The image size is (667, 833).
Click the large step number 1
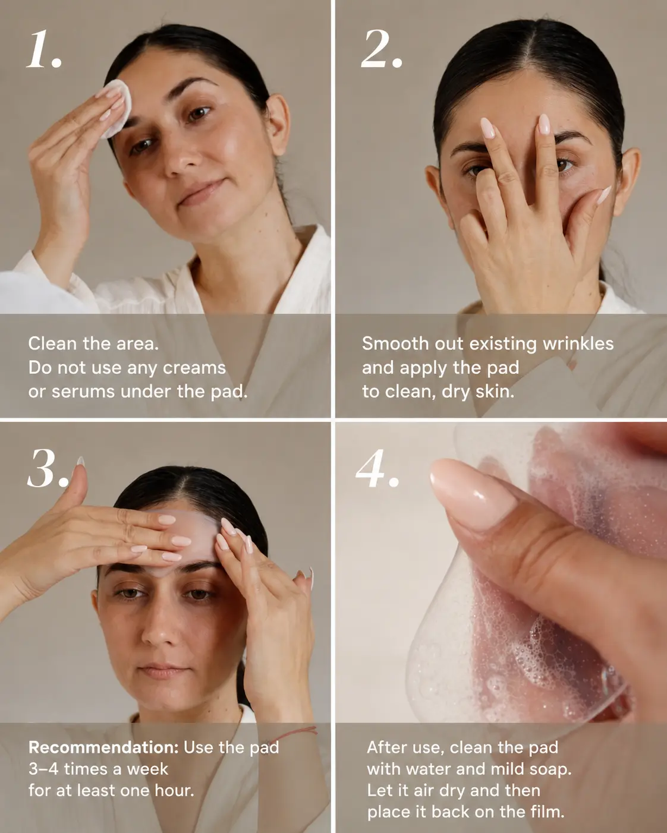click(x=44, y=49)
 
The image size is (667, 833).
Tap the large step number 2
click(x=381, y=49)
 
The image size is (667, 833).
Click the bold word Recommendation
click(x=103, y=747)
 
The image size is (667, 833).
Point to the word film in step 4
click(x=550, y=812)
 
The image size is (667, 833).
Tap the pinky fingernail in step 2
click(x=603, y=195)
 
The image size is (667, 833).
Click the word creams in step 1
click(x=194, y=368)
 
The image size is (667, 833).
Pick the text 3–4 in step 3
click(x=43, y=769)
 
